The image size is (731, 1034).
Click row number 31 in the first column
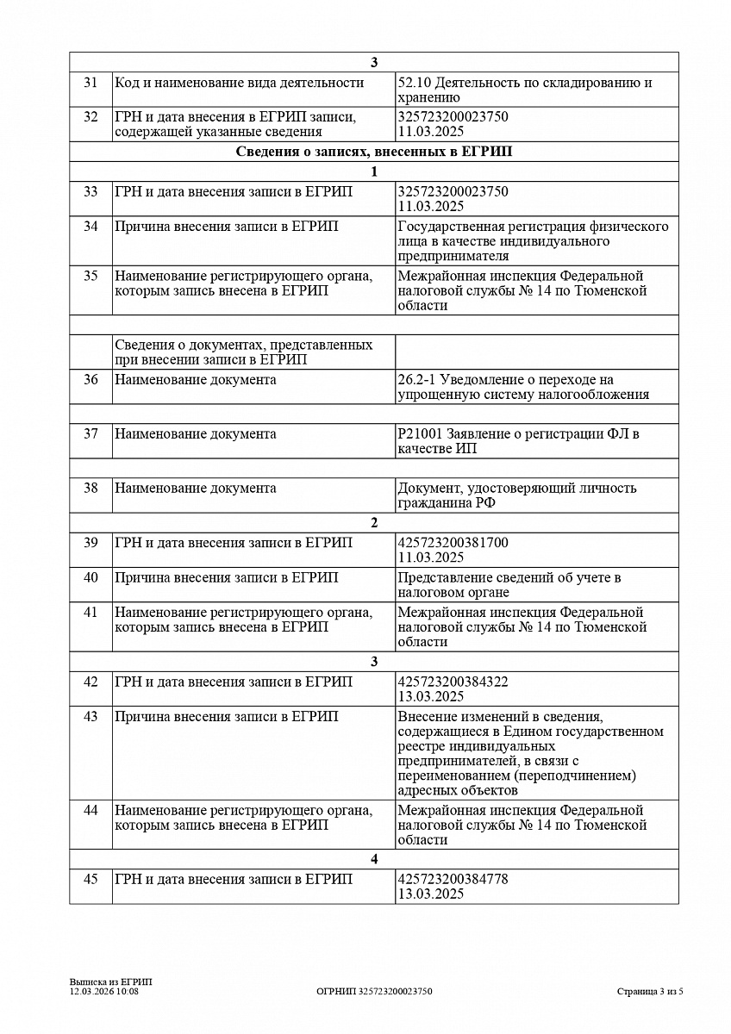[x=91, y=83]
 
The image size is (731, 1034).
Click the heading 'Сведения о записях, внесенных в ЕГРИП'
[x=373, y=152]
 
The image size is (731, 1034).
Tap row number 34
[x=91, y=227]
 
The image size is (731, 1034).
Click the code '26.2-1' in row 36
[x=416, y=380]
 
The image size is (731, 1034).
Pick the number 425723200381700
[x=453, y=543]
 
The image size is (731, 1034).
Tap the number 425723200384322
[x=453, y=682]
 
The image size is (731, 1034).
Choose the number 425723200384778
[x=453, y=879]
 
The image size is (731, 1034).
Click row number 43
[x=91, y=717]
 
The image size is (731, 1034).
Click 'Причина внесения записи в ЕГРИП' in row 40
[x=226, y=577]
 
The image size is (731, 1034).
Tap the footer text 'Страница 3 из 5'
[x=650, y=992]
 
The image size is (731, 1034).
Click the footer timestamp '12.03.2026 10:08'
[x=103, y=992]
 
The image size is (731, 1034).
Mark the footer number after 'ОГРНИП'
[x=395, y=992]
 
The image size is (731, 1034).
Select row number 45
[x=91, y=879]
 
